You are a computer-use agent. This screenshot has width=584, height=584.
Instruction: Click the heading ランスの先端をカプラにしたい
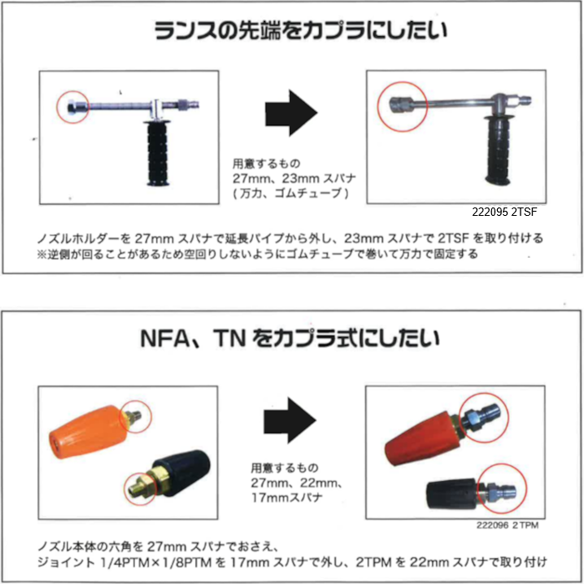click(x=300, y=31)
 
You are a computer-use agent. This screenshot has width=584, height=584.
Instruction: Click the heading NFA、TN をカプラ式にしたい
click(x=290, y=339)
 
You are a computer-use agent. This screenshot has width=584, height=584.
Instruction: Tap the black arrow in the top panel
click(x=292, y=113)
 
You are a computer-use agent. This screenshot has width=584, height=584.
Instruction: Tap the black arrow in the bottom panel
click(x=290, y=420)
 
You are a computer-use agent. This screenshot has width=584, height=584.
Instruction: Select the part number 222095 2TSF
click(x=505, y=212)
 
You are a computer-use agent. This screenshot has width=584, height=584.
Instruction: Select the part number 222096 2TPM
click(x=507, y=525)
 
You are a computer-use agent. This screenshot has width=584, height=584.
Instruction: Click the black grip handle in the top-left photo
click(x=158, y=154)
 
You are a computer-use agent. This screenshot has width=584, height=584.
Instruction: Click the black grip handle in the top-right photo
click(x=497, y=150)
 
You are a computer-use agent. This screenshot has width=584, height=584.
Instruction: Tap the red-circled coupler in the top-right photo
click(x=401, y=104)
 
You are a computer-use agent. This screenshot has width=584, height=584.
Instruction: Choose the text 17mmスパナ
click(x=287, y=498)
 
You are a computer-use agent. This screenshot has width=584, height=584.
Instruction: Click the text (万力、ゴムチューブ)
click(x=291, y=193)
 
